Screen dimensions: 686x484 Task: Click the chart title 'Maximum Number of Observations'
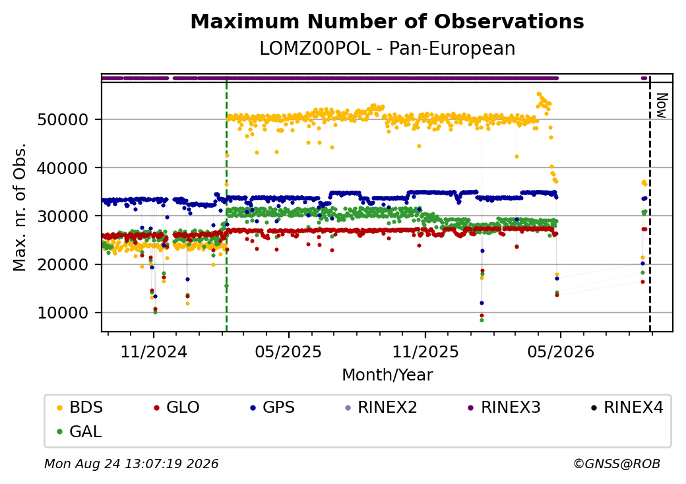(387, 21)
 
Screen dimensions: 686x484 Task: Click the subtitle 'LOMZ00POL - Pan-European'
(387, 48)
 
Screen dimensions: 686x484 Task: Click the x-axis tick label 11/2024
(154, 351)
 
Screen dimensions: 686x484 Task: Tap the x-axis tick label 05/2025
(288, 351)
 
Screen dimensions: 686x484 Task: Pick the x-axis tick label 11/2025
(425, 351)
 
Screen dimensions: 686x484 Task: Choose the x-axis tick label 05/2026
(561, 351)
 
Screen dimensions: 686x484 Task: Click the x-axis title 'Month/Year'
(387, 375)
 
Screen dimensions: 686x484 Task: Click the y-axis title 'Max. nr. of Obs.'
(19, 207)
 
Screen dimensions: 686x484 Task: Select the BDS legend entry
(80, 408)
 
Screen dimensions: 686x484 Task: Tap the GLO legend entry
(177, 408)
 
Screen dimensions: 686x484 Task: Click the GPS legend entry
(272, 408)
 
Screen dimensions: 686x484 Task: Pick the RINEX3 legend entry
(505, 408)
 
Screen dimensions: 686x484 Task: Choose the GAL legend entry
(80, 431)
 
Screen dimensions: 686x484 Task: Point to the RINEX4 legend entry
(627, 408)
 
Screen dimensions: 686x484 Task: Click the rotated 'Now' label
(662, 106)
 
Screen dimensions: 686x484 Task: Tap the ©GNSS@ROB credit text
(617, 464)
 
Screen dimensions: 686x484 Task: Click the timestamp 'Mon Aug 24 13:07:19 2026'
(131, 464)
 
